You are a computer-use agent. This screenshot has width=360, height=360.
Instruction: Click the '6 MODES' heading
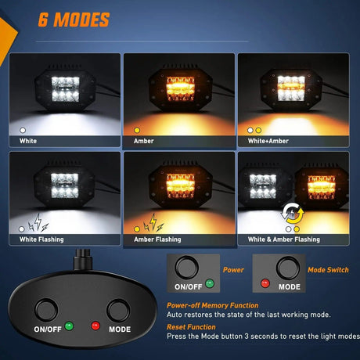point(74,20)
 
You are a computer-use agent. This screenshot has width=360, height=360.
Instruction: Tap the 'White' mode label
point(28,141)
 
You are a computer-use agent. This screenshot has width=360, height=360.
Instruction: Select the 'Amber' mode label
point(144,141)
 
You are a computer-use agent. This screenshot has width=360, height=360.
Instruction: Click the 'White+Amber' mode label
point(268,141)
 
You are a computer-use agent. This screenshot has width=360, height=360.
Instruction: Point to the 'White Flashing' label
point(41,239)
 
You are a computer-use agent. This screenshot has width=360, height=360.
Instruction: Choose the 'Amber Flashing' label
point(157,239)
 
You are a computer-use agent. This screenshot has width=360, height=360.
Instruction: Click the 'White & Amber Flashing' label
point(284,239)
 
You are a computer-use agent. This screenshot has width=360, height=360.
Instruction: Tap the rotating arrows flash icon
point(293,213)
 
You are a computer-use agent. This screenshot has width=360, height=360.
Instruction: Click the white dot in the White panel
point(23,130)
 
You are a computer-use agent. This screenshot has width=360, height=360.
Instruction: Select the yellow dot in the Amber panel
point(137,130)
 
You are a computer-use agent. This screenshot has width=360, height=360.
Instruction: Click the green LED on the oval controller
point(69,326)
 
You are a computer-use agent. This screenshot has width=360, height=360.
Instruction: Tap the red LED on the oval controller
point(95,326)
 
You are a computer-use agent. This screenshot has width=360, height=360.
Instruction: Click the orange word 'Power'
point(233,270)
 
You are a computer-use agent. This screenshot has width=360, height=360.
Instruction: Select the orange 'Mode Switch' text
point(328,270)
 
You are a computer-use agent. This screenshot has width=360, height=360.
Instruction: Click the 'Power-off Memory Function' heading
point(213,305)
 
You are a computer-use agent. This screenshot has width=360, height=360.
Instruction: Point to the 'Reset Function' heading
point(191,327)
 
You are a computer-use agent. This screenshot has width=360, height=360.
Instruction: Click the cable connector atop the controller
point(83,260)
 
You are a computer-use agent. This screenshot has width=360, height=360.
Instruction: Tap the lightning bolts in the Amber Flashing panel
point(153,223)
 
